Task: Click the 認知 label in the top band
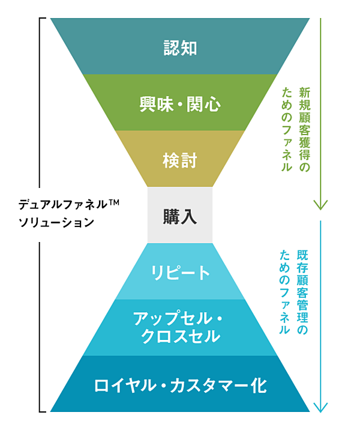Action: pos(180,47)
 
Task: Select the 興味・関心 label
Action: pos(180,104)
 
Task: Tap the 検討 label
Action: pos(180,161)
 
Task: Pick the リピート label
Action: pos(180,273)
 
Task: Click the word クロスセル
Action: pos(180,337)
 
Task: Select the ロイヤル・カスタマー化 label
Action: pos(180,385)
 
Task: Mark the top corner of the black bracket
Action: pos(40,19)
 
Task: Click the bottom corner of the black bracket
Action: pos(40,411)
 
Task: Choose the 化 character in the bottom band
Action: pos(259,385)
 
